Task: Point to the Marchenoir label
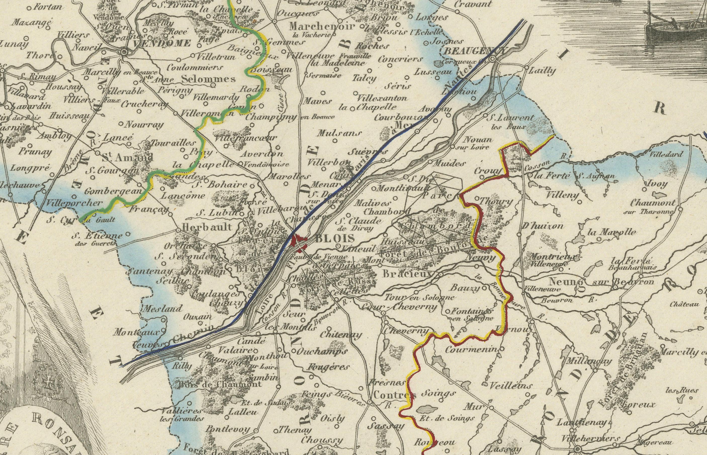[322, 27]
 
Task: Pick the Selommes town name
[208, 79]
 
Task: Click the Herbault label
[207, 227]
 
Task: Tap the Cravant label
[473, 4]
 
